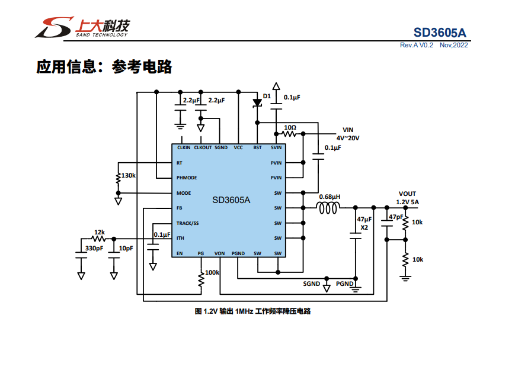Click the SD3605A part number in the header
click(x=441, y=32)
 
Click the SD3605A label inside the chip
click(x=231, y=200)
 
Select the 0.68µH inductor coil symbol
click(x=328, y=208)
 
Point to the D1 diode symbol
click(x=257, y=102)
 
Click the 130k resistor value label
click(x=129, y=176)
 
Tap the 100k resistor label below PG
click(x=212, y=273)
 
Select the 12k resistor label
click(x=100, y=232)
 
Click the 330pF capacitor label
click(x=94, y=248)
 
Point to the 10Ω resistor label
click(x=290, y=127)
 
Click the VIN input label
click(x=348, y=130)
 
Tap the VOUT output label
click(x=407, y=194)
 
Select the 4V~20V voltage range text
click(x=348, y=137)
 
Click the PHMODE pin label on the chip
click(x=187, y=178)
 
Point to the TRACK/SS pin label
click(x=188, y=223)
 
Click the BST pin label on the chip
click(x=257, y=147)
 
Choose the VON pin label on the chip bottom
click(x=220, y=253)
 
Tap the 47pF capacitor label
click(x=395, y=217)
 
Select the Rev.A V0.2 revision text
click(x=417, y=45)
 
